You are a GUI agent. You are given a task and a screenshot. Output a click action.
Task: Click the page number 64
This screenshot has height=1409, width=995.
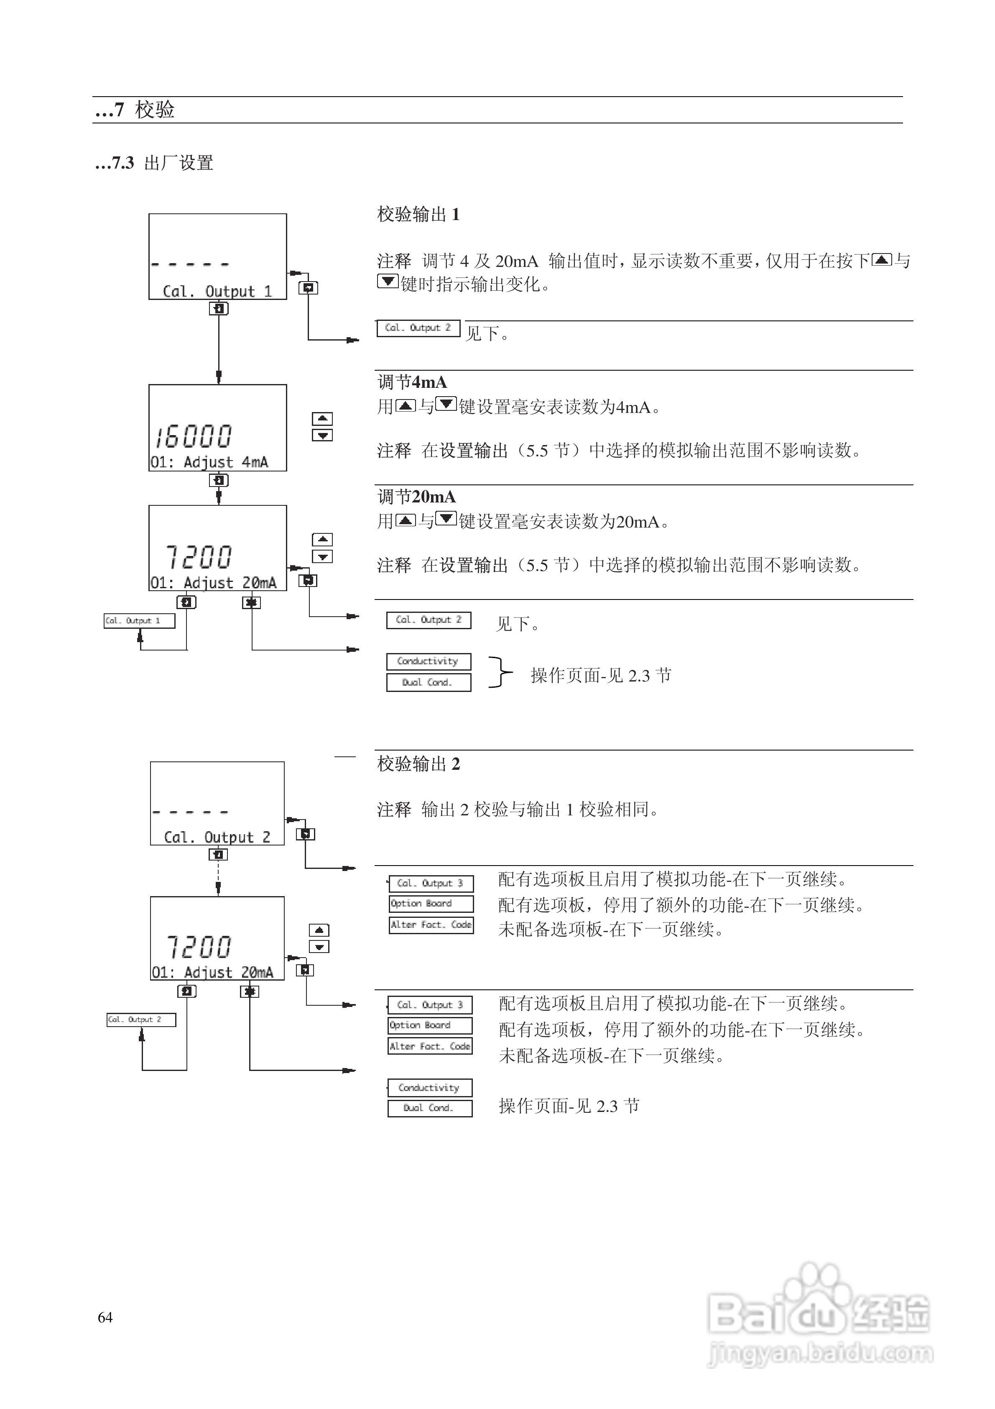[x=105, y=1317]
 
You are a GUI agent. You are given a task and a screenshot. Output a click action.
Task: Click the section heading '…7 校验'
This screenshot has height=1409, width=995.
[x=135, y=110]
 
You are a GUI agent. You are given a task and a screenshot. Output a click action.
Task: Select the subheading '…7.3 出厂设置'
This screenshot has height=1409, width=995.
[x=154, y=163]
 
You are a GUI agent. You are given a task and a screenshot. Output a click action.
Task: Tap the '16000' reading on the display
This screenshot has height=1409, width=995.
[x=194, y=436]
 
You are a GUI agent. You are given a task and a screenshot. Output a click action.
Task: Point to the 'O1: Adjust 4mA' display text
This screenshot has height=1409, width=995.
[x=209, y=462]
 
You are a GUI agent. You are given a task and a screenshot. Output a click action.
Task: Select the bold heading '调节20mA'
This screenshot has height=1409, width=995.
[x=416, y=497]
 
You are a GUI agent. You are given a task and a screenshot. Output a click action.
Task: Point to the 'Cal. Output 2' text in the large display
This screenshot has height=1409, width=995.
[x=217, y=837]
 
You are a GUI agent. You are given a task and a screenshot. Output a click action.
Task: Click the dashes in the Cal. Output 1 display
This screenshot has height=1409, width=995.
[x=190, y=264]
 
